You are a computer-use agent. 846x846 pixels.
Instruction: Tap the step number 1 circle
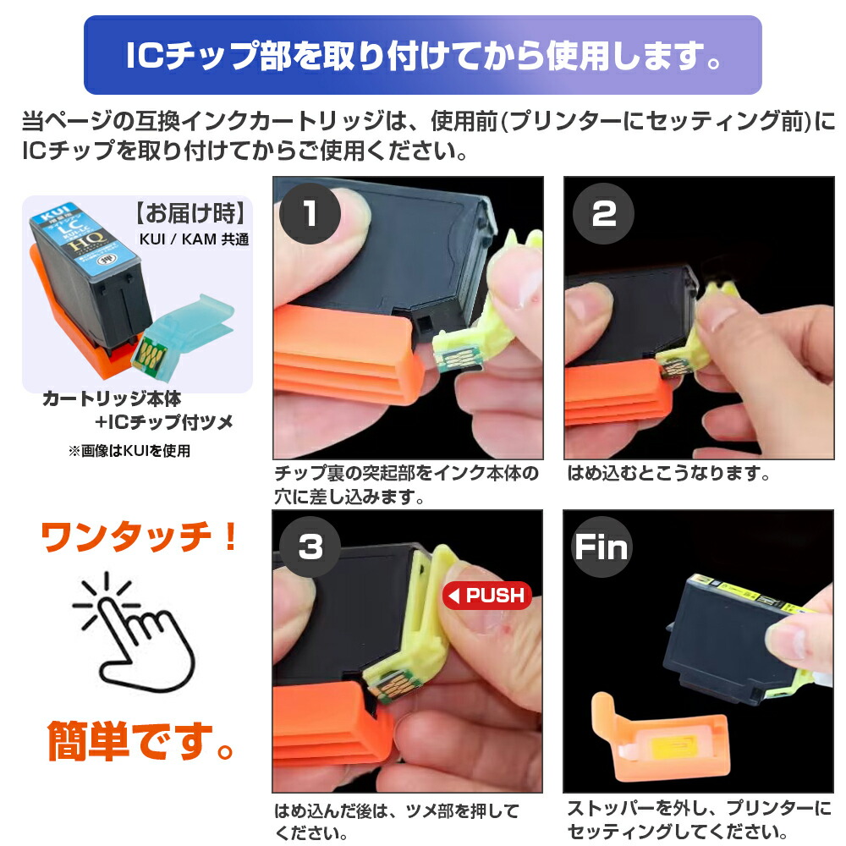click(310, 213)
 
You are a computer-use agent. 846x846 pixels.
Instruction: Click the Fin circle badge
click(602, 547)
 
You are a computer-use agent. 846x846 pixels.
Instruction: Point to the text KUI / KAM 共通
click(194, 239)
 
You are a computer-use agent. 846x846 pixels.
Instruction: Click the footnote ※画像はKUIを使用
click(129, 451)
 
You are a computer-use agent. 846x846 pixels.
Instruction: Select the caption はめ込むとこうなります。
click(668, 474)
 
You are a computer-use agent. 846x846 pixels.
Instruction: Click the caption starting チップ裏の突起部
click(406, 484)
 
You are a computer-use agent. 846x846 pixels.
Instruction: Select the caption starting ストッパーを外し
click(699, 820)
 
